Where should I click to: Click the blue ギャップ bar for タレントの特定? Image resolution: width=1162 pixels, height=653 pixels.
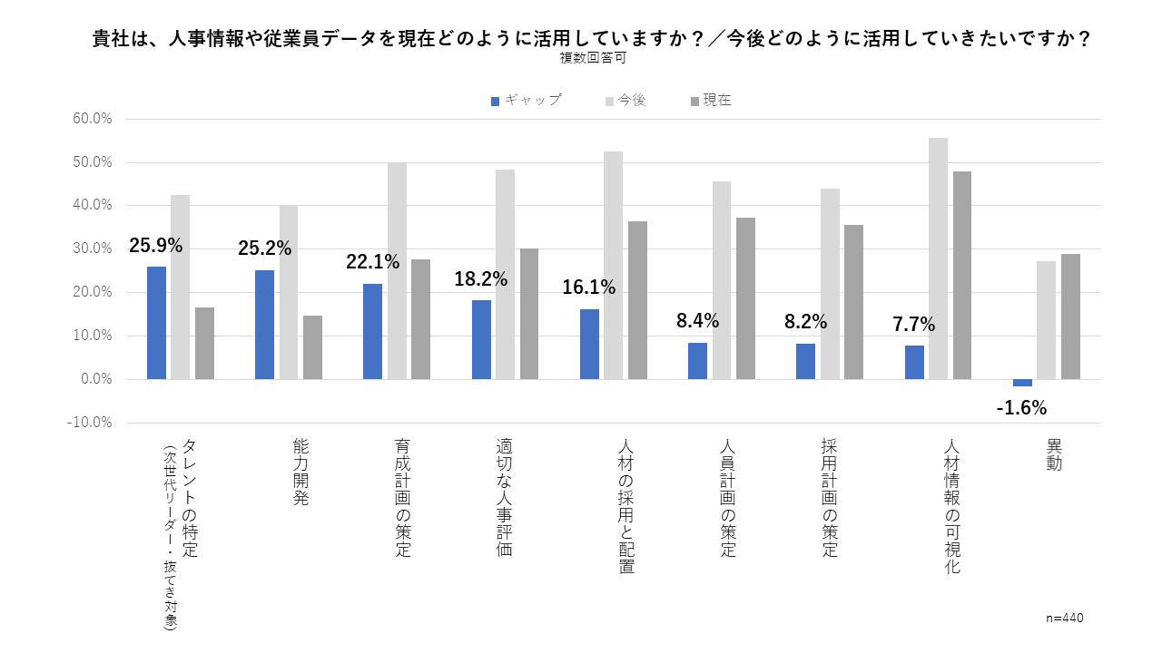[x=156, y=323]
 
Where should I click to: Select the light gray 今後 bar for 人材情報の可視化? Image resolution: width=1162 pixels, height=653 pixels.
[x=938, y=258]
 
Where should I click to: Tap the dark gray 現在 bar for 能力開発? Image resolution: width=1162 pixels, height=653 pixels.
[x=312, y=347]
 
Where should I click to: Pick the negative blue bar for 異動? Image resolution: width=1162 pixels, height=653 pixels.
[x=1022, y=383]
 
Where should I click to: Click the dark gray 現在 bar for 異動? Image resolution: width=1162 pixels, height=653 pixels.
[x=1070, y=317]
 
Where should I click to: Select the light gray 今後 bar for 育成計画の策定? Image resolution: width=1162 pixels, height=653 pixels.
[x=397, y=271]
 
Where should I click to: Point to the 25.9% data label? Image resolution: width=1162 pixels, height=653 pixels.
[x=156, y=246]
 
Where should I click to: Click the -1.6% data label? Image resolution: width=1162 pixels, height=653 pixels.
[x=1021, y=408]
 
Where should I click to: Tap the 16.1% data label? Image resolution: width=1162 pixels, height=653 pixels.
[x=588, y=288]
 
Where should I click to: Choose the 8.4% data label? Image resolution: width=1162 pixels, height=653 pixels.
[x=697, y=321]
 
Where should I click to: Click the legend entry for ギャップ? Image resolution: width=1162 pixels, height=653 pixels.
[x=526, y=101]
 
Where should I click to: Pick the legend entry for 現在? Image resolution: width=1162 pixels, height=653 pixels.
[x=710, y=101]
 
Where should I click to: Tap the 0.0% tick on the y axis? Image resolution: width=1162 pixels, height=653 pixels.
[x=95, y=379]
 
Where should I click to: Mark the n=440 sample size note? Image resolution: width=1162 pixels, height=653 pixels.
[x=1065, y=618]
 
